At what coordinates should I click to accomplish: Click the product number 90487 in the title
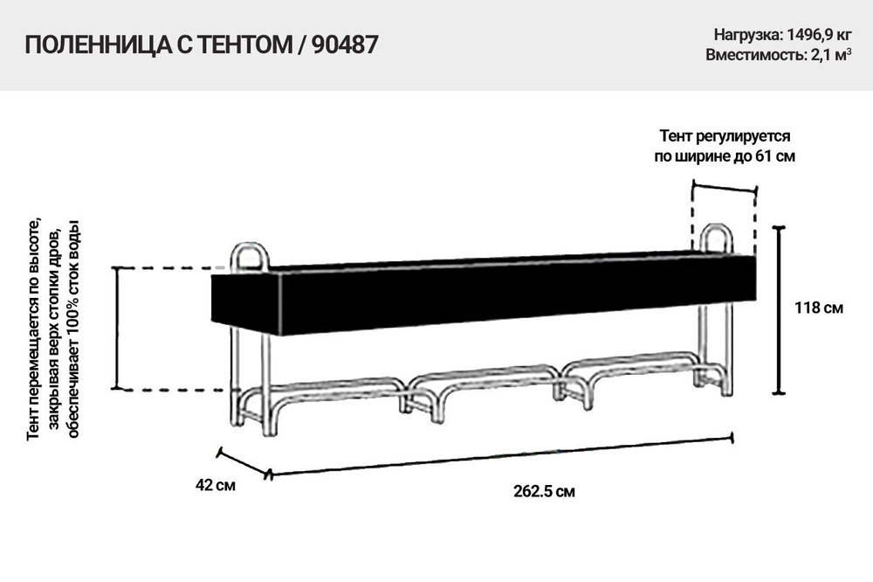[x=345, y=46]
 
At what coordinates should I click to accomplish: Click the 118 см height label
[x=819, y=308]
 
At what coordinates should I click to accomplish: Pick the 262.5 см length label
[x=544, y=491]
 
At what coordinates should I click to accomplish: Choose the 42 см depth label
[x=215, y=483]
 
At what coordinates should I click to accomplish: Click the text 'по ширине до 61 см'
[x=725, y=156]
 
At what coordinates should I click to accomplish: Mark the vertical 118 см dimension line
[x=780, y=310]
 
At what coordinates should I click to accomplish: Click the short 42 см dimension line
[x=244, y=463]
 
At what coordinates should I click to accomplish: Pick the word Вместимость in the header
[x=751, y=54]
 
